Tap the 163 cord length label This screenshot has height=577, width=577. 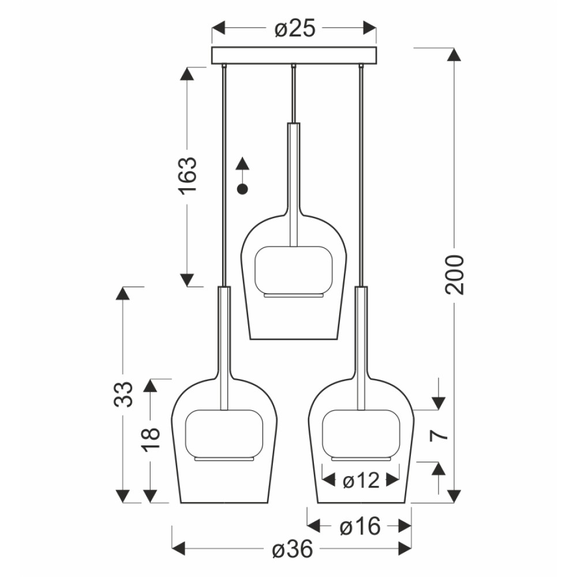tap(188, 175)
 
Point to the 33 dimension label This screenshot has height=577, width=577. tap(123, 394)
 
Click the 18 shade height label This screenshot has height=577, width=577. tap(151, 439)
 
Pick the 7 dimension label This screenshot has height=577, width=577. tap(439, 435)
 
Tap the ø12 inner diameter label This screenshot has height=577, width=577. tap(361, 480)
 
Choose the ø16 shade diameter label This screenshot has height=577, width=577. tap(359, 527)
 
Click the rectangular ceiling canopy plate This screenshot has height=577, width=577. tap(294, 55)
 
